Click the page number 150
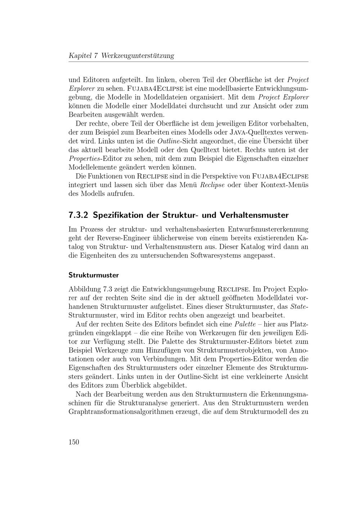74,442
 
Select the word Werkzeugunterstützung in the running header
138,56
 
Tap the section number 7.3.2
78,215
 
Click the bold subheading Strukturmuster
94,275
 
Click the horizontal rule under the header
188,62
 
